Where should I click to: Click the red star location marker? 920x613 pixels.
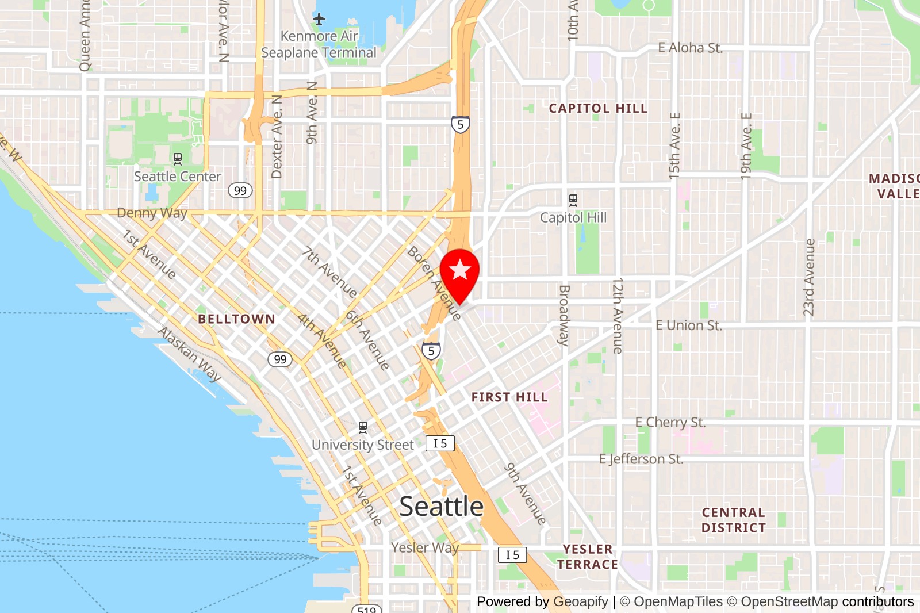click(x=459, y=270)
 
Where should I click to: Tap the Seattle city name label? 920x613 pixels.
click(x=441, y=507)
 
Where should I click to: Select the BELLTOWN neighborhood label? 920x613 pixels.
click(x=236, y=319)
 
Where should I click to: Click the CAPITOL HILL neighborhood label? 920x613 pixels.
click(x=598, y=109)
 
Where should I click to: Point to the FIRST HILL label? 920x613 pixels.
click(x=509, y=397)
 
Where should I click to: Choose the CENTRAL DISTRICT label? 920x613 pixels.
click(x=733, y=520)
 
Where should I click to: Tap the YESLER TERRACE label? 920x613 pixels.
click(x=587, y=557)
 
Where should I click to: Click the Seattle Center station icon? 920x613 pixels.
click(x=178, y=159)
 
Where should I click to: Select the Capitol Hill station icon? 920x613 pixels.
click(x=573, y=200)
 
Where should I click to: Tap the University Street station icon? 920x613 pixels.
click(x=362, y=427)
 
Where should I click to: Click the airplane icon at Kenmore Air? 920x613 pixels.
click(x=319, y=19)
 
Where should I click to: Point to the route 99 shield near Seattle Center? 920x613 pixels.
click(x=240, y=190)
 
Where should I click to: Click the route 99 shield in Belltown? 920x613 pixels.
click(x=280, y=359)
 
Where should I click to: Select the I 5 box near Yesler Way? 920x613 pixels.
click(x=512, y=555)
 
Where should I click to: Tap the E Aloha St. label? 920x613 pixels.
click(x=690, y=48)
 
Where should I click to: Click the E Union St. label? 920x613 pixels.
click(x=688, y=325)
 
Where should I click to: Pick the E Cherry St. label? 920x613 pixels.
click(x=670, y=422)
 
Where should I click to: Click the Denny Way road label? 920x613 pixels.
click(x=152, y=213)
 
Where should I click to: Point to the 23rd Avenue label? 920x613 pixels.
click(x=809, y=277)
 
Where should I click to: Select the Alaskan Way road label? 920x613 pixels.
click(x=189, y=354)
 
